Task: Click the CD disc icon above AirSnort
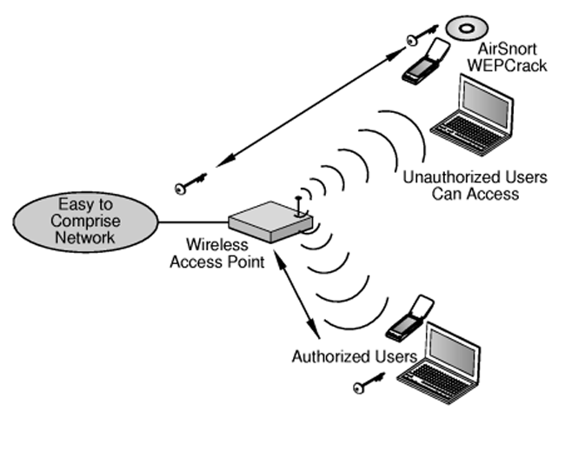pyautogui.click(x=462, y=30)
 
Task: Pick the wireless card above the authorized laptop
pyautogui.click(x=408, y=317)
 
